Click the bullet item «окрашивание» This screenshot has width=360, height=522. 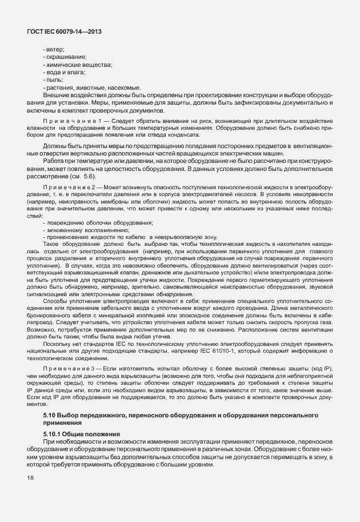65,57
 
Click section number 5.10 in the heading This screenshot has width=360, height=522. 50,413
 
